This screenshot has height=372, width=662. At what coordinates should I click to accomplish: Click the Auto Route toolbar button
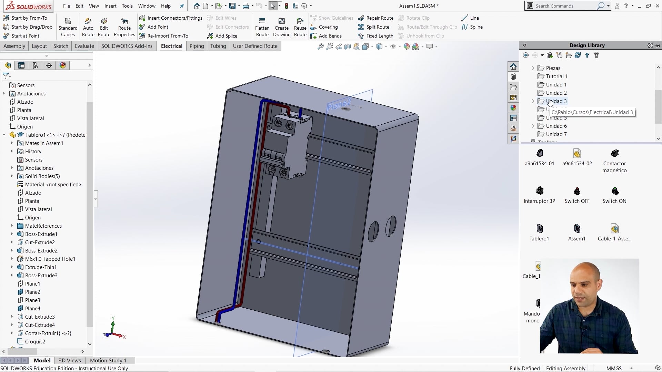point(88,27)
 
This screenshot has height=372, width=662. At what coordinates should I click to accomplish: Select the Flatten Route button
point(262,27)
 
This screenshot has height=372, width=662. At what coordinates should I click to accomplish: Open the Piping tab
point(197,46)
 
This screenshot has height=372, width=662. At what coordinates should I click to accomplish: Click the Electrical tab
point(171,46)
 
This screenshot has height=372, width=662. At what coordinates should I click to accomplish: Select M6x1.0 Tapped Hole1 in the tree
point(50,259)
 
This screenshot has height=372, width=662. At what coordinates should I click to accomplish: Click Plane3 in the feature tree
point(32,300)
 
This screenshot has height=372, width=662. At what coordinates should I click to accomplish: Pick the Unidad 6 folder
point(556,126)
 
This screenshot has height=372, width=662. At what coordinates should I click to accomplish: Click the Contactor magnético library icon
point(614,154)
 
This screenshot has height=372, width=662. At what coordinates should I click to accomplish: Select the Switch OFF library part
point(577,191)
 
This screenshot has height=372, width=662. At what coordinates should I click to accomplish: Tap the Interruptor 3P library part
point(539,191)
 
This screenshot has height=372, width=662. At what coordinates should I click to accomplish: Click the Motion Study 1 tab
point(108,361)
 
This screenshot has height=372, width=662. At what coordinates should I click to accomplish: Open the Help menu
point(165,6)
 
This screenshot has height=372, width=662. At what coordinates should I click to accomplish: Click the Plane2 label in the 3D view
point(339,104)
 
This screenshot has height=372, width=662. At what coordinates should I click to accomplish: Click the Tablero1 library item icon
point(539,229)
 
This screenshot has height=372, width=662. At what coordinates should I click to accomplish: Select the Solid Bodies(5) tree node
point(42,176)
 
